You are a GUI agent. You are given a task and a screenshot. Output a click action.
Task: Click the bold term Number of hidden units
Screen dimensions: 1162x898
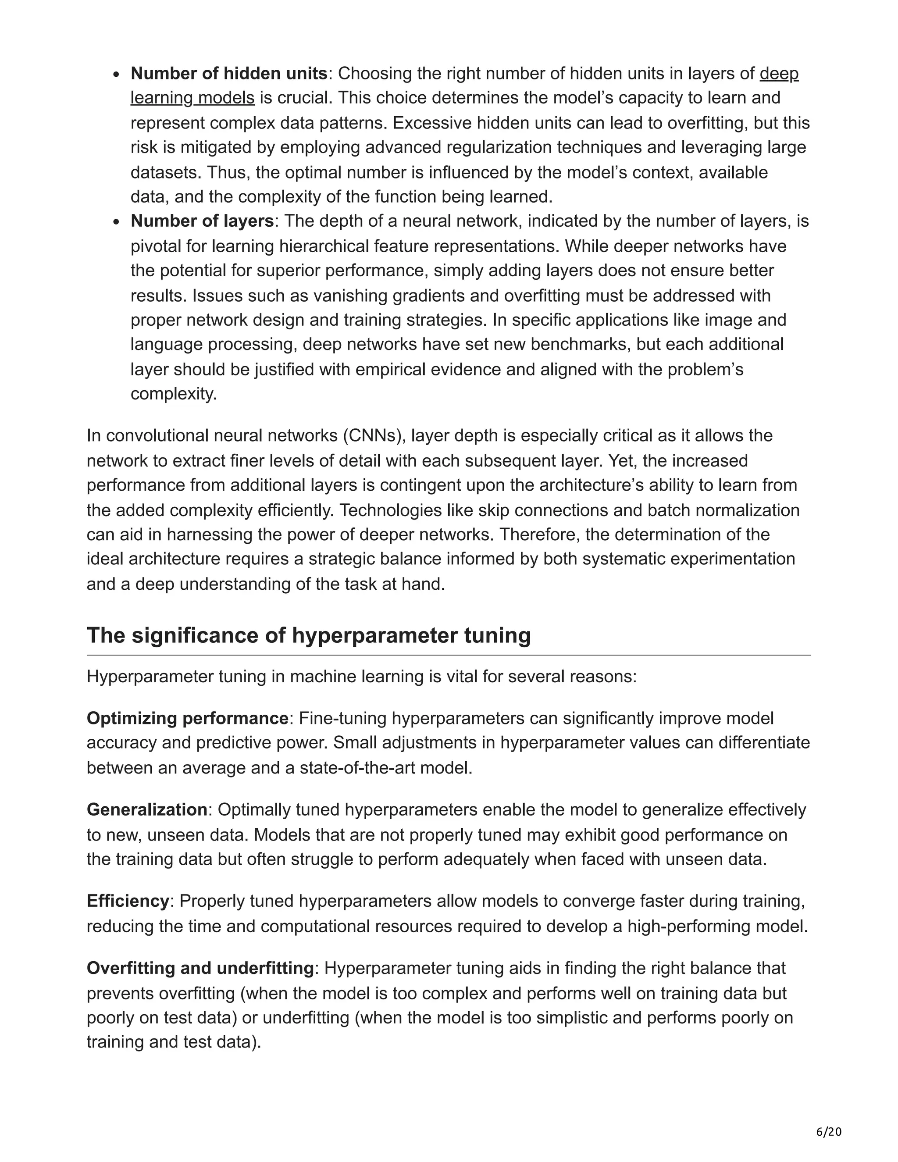click(229, 73)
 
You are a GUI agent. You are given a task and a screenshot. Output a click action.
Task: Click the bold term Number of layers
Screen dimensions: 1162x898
click(202, 221)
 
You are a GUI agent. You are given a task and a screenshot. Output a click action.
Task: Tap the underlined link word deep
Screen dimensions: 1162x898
click(779, 73)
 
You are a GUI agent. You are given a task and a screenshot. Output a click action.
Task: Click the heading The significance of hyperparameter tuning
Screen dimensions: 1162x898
click(309, 635)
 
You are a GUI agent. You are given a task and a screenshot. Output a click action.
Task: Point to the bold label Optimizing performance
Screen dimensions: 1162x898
click(187, 718)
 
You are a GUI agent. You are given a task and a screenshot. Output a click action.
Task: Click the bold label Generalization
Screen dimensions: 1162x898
click(147, 810)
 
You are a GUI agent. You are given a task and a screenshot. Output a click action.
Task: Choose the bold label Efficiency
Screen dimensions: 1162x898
click(128, 901)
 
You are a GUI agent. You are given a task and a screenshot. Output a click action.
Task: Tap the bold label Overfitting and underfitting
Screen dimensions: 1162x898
click(200, 968)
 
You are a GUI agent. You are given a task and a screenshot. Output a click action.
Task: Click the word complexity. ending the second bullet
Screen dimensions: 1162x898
click(174, 394)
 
